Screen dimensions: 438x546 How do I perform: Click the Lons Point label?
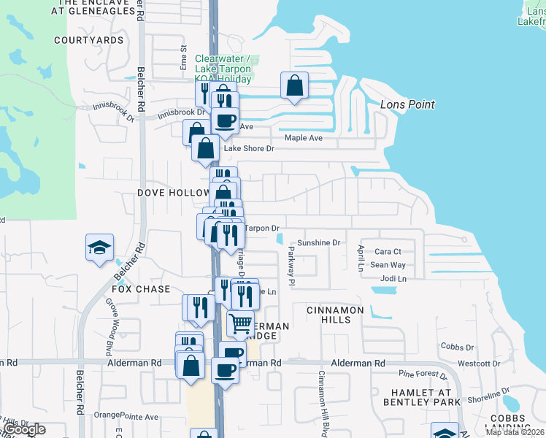(407, 104)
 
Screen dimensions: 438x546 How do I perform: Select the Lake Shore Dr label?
(248, 149)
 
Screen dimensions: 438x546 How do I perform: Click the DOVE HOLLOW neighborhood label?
(173, 193)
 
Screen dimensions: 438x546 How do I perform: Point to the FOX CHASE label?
(140, 289)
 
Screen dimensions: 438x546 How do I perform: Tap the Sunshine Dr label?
(318, 243)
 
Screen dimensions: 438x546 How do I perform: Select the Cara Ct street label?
(388, 252)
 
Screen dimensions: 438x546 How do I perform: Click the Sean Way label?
(388, 265)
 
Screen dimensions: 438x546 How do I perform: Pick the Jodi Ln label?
(393, 279)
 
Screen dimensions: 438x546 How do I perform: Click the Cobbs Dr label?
(458, 347)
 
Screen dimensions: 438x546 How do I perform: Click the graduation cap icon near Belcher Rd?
(99, 248)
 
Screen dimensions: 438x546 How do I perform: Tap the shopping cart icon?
(241, 323)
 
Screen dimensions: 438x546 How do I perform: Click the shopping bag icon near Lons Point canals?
(294, 85)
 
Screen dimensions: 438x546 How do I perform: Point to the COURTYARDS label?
(88, 39)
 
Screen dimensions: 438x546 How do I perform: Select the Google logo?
(25, 429)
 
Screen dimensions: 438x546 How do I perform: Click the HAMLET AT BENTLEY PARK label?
(422, 397)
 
